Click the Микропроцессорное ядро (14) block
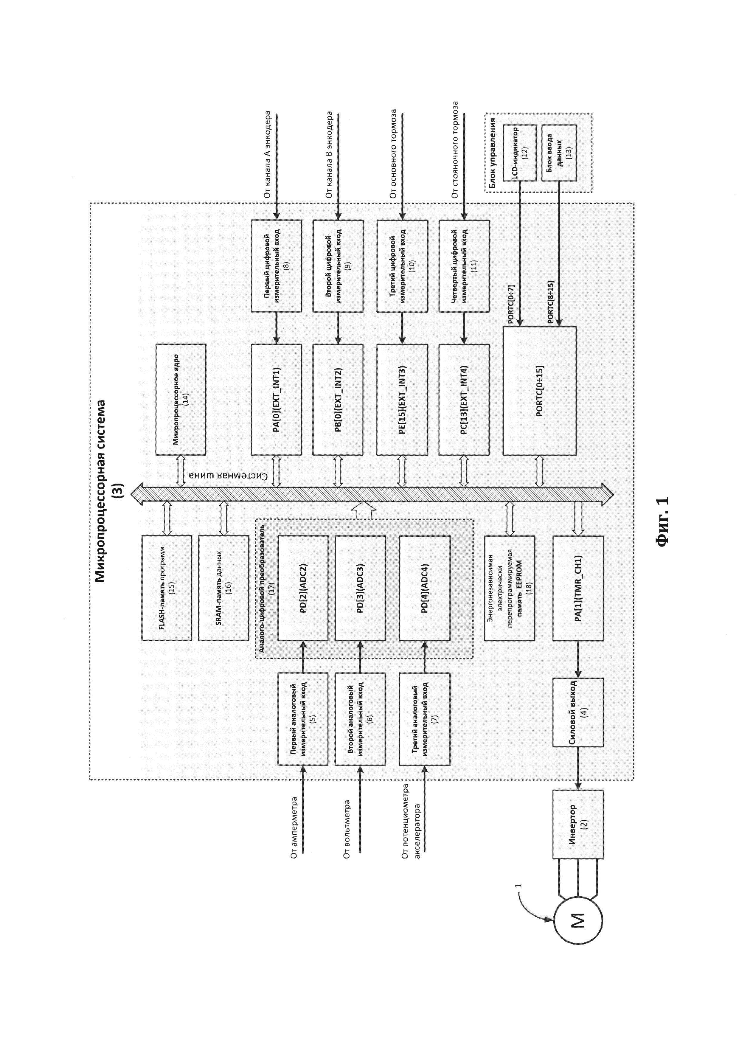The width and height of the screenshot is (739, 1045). [181, 400]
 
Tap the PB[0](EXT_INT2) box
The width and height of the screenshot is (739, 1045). [338, 400]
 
